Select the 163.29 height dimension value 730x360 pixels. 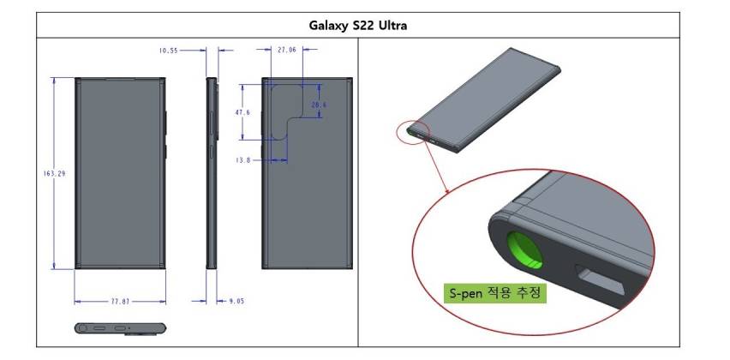point(54,173)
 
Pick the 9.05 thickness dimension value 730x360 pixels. point(236,301)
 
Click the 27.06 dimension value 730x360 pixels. point(287,51)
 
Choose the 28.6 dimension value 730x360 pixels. point(319,105)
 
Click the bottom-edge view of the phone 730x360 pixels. point(119,327)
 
